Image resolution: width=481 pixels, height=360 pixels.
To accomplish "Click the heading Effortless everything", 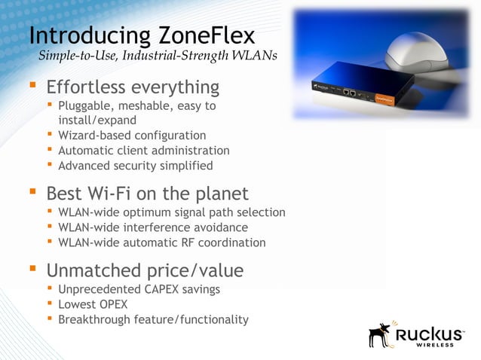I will [133, 88].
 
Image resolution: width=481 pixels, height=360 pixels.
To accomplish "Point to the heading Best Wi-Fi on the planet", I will [147, 194].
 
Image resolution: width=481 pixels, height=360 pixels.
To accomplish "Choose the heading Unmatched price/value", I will [145, 270].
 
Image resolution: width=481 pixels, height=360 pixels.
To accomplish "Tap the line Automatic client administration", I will [143, 151].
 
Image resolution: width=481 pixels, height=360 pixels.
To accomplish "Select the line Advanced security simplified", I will [135, 166].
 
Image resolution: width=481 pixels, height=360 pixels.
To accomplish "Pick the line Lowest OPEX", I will [93, 305].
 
